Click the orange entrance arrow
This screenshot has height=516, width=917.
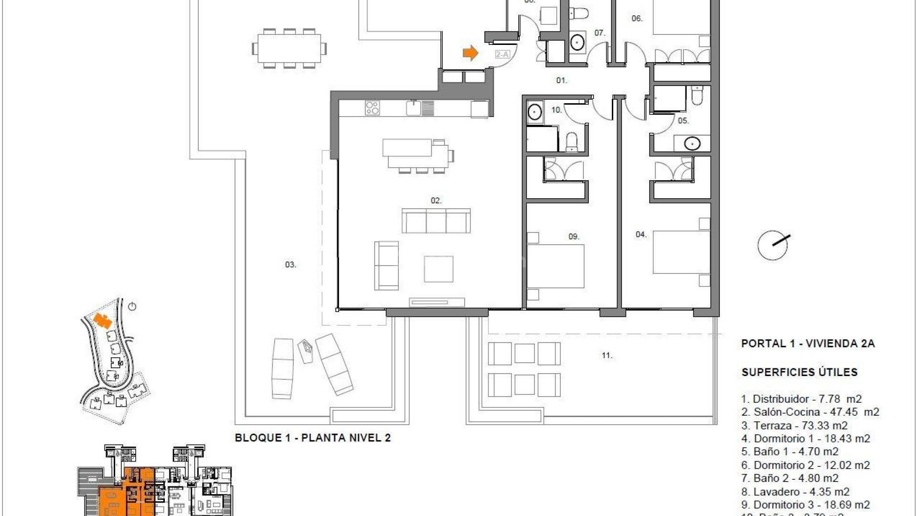(x=470, y=53)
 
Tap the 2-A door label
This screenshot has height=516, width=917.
(x=502, y=54)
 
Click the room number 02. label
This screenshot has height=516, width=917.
(x=436, y=201)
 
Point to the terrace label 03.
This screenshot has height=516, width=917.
(x=290, y=264)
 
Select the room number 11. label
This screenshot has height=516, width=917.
(x=607, y=355)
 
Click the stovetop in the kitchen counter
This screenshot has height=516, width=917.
(x=373, y=107)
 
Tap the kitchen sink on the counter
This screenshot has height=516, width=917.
(x=414, y=107)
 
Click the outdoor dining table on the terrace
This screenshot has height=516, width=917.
(x=289, y=48)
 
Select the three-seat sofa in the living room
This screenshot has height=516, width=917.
(x=436, y=221)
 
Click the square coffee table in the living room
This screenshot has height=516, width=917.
(x=438, y=269)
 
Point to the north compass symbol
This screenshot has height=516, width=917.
(x=773, y=245)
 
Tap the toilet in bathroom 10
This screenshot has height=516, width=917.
(x=571, y=142)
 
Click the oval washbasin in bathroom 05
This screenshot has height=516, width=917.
(x=692, y=143)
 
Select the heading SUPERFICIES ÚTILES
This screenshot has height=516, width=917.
(x=800, y=372)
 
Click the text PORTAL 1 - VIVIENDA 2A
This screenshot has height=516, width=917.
(x=808, y=344)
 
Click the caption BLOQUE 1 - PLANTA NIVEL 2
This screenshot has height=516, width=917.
(x=313, y=438)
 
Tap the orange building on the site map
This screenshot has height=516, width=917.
(x=101, y=320)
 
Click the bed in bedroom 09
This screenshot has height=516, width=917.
(x=555, y=266)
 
